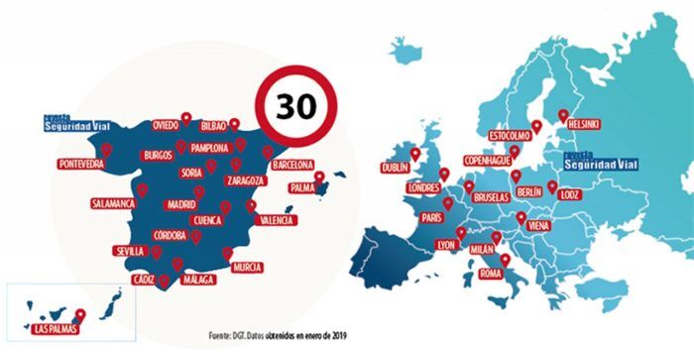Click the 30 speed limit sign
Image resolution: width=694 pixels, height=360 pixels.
(295, 106)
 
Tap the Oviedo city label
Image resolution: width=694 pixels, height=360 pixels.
(166, 126)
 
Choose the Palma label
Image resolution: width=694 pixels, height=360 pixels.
(302, 186)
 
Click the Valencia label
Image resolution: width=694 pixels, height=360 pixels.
(275, 219)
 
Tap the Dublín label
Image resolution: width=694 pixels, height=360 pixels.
(395, 170)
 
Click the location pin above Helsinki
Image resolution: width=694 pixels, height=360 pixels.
(563, 113)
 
